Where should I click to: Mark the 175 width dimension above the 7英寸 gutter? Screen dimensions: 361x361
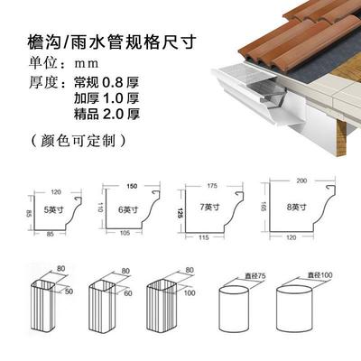point(212,186)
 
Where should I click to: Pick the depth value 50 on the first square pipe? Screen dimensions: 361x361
point(69,292)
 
